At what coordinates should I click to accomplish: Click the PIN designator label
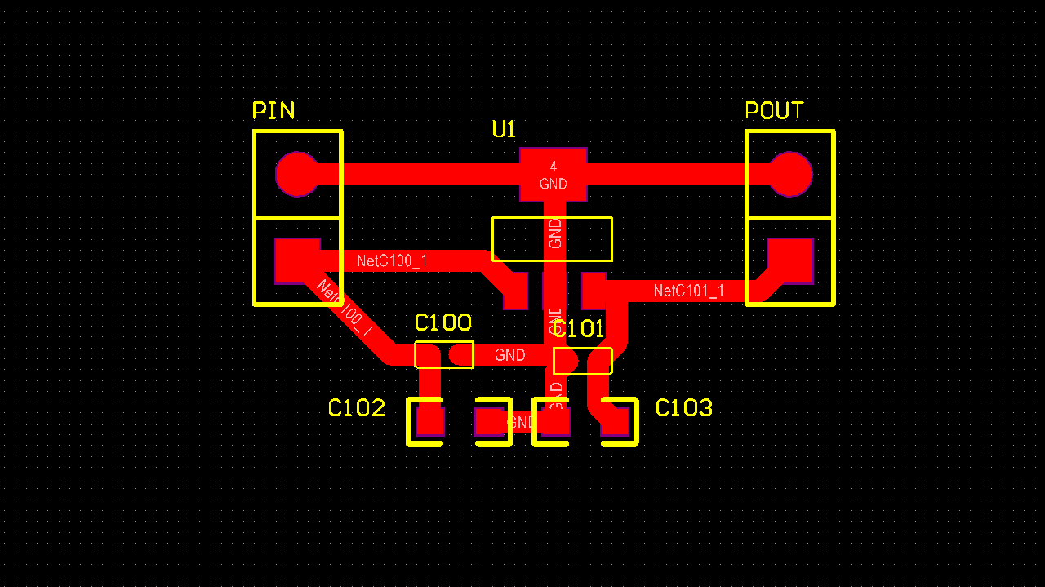click(x=273, y=110)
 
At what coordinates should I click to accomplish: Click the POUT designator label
click(x=774, y=110)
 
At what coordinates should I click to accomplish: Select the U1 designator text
click(x=504, y=129)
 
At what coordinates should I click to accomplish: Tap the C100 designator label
click(x=442, y=322)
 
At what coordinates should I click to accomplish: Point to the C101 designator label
click(x=579, y=329)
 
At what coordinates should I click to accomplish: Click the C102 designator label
click(x=356, y=408)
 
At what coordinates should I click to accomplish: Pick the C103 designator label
click(x=684, y=408)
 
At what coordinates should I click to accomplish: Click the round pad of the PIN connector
click(x=297, y=174)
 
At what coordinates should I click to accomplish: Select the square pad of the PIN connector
click(x=297, y=260)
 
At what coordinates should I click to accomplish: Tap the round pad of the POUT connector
click(x=790, y=174)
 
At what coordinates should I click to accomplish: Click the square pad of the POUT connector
click(x=790, y=260)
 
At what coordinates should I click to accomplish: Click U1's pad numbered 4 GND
click(x=554, y=174)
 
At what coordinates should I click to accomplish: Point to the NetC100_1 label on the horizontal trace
click(x=392, y=261)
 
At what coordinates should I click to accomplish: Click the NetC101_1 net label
click(x=688, y=291)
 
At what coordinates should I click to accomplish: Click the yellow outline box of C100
click(x=444, y=354)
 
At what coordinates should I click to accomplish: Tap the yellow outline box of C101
click(x=583, y=361)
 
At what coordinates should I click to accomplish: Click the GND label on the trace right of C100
click(x=509, y=355)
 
